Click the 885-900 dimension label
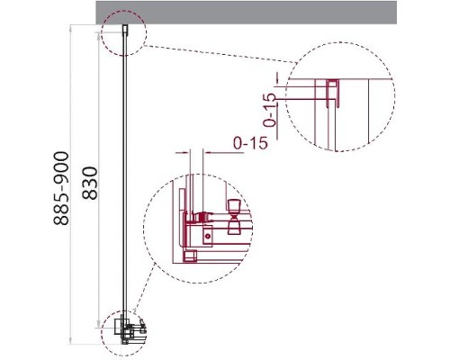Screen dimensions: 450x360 tap(61, 189)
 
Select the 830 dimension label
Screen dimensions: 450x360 tap(90, 184)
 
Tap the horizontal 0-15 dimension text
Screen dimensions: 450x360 tap(250, 143)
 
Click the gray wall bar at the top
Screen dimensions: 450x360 tap(247, 13)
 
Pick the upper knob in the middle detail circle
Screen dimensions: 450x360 tap(233, 207)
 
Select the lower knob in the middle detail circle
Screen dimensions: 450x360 tap(233, 227)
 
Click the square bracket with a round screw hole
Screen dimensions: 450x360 tap(208, 236)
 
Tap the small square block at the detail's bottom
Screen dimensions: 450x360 tap(189, 256)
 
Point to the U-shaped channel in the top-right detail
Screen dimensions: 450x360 tap(333, 93)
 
